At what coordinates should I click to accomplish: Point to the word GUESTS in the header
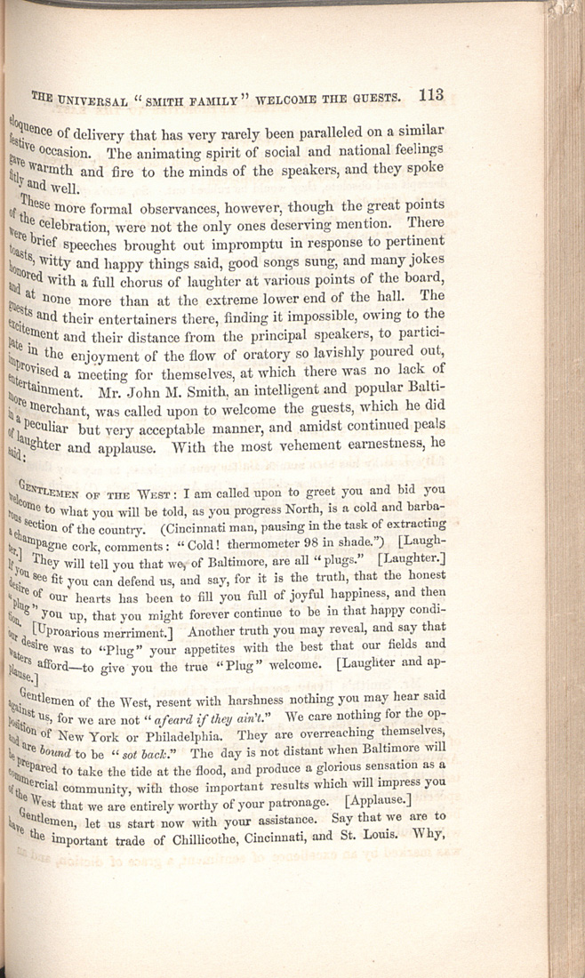pyautogui.click(x=378, y=96)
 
